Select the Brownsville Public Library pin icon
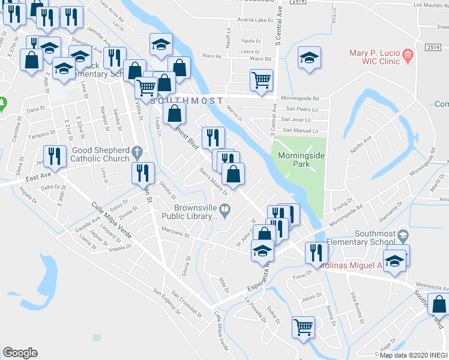click(x=225, y=209)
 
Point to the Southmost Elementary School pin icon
click(x=403, y=234)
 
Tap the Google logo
click(x=20, y=352)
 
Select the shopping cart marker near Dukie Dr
click(x=303, y=326)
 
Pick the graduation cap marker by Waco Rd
click(x=309, y=57)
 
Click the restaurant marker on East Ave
click(x=55, y=157)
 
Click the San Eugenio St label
click(x=166, y=303)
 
